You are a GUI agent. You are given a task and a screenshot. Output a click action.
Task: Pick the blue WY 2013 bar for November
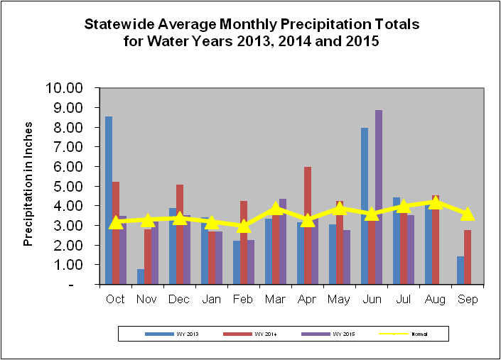pos(141,277)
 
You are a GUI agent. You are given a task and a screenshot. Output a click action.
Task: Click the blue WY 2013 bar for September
pos(460,271)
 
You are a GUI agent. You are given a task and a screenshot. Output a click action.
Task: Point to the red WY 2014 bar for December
pos(180,234)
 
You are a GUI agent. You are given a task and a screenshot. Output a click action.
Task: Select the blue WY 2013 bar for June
pos(365,206)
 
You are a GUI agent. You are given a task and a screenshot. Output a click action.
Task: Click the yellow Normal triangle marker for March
pos(276,208)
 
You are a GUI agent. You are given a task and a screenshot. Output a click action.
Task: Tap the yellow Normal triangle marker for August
pos(436,202)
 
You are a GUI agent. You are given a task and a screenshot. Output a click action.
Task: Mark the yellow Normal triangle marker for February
pos(244,226)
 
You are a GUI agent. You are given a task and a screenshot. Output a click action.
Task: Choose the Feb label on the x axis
pos(243,299)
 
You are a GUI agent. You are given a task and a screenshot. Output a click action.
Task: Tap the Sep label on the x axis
pos(467,299)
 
